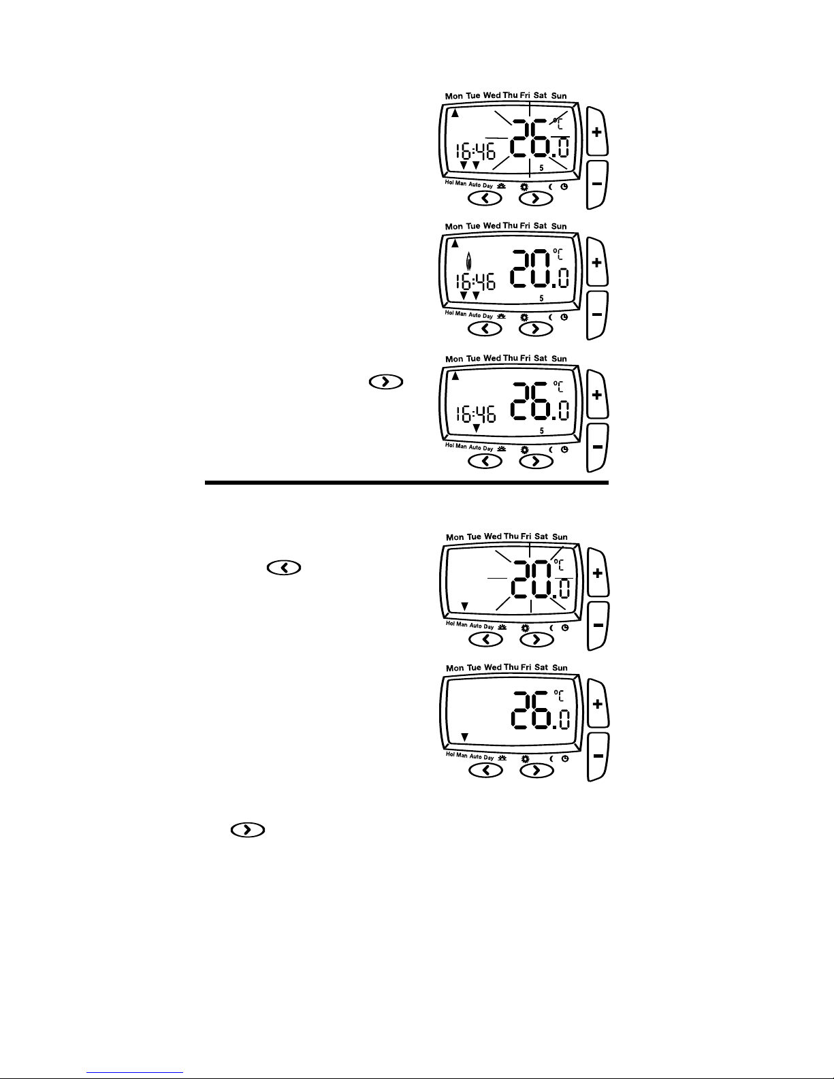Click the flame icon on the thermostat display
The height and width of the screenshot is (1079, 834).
(x=468, y=261)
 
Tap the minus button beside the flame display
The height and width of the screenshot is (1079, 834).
(x=597, y=315)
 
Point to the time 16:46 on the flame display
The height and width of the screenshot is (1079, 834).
(x=476, y=282)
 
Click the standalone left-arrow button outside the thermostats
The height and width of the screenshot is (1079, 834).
(x=284, y=568)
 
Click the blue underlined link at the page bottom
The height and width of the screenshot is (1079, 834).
(x=135, y=1073)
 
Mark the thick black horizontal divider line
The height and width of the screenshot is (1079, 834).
(x=406, y=482)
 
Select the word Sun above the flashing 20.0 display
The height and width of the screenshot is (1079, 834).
(x=560, y=536)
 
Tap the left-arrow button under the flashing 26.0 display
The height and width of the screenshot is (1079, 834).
(x=485, y=199)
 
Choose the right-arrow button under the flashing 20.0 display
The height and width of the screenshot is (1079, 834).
(x=536, y=639)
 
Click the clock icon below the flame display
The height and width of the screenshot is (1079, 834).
(x=564, y=317)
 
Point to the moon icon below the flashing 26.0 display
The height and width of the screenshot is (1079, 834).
(x=551, y=187)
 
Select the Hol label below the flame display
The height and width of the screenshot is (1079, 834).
(x=449, y=313)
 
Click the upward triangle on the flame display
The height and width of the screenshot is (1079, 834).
(x=455, y=244)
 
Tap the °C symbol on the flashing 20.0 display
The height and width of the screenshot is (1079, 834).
(x=558, y=564)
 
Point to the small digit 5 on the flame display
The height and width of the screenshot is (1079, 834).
(x=542, y=298)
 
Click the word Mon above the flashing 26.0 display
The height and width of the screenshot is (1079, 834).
(x=453, y=96)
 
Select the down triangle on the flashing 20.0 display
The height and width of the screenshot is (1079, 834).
(x=464, y=607)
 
